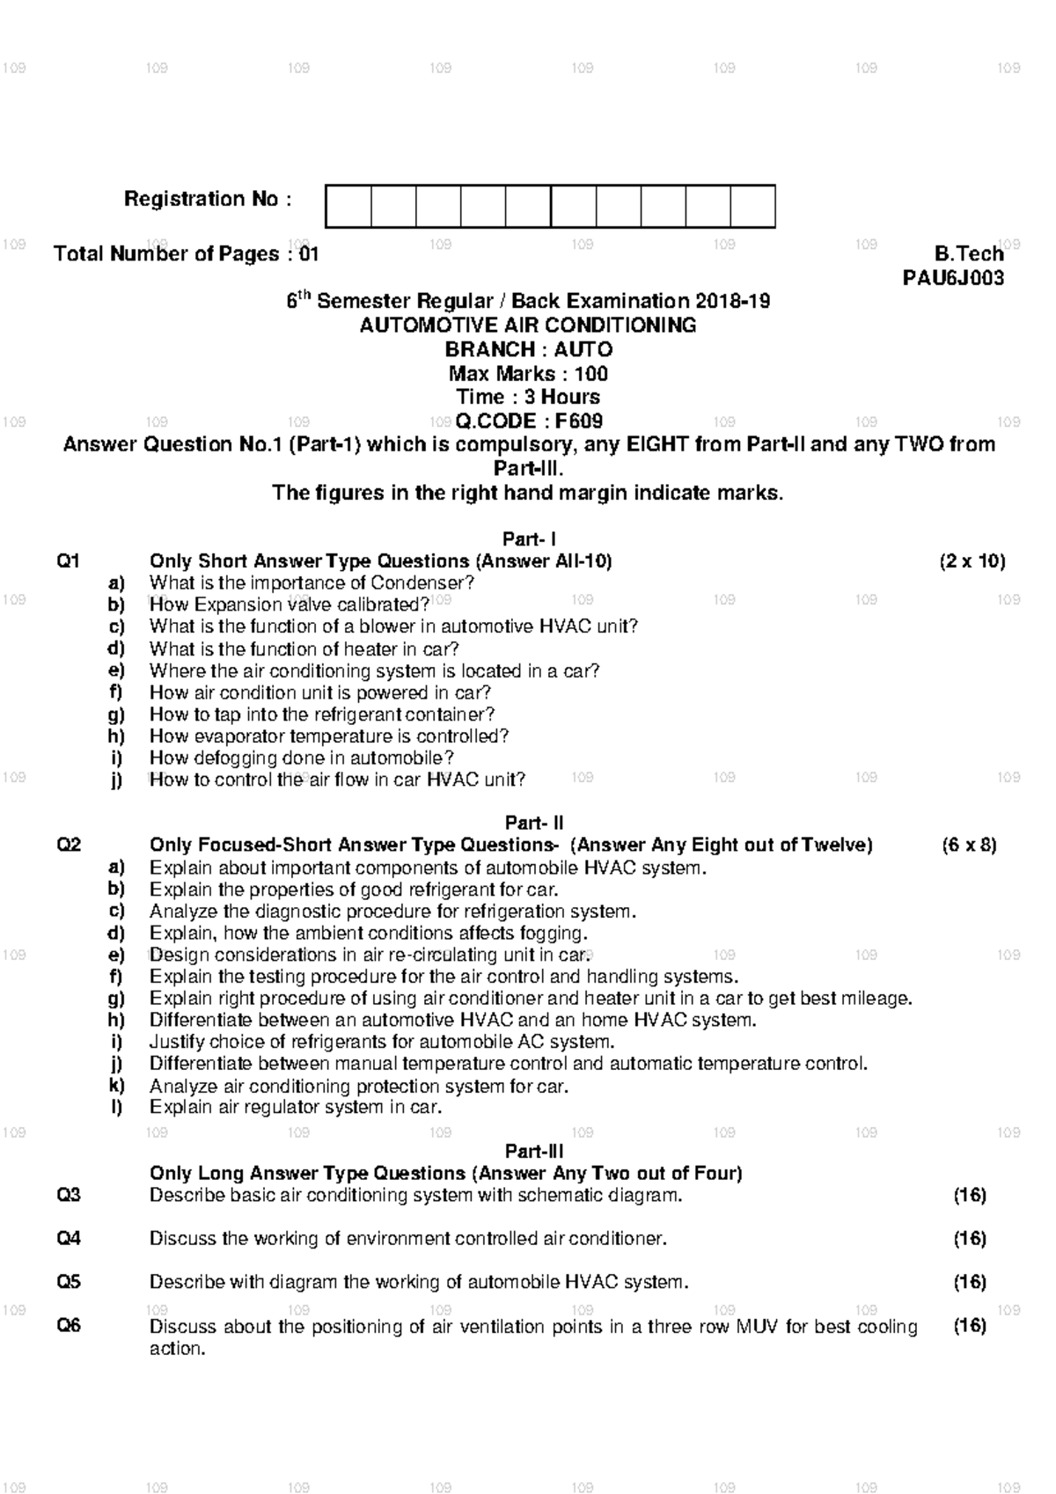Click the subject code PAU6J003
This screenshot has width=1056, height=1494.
953,278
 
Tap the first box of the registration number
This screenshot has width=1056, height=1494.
348,207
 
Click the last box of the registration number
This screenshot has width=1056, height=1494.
752,207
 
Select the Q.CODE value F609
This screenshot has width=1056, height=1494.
578,421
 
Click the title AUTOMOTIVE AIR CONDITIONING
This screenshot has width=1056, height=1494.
528,326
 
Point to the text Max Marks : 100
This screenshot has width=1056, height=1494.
528,373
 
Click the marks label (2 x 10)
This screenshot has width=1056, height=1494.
972,561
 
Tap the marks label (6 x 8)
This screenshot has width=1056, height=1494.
969,846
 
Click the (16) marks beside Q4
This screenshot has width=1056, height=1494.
970,1239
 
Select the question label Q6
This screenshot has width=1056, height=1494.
69,1325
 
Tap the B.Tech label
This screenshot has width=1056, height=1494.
969,254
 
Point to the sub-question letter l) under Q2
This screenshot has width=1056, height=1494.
117,1108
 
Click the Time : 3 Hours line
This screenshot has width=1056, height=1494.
528,397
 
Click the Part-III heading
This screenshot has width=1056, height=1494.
534,1152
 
